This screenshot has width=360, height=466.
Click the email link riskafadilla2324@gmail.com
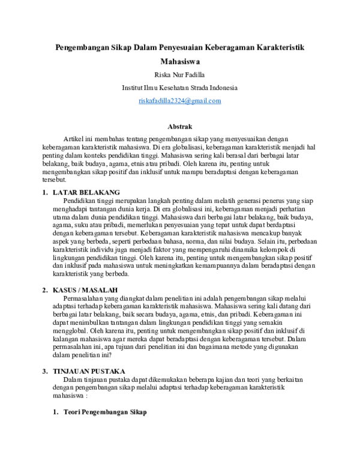pos(179,101)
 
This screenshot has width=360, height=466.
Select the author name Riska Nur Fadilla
pos(179,74)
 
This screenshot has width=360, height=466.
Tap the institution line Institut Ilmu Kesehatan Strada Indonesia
pos(179,88)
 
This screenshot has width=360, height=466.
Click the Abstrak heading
pos(179,127)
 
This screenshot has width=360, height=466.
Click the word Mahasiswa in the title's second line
pos(179,61)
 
